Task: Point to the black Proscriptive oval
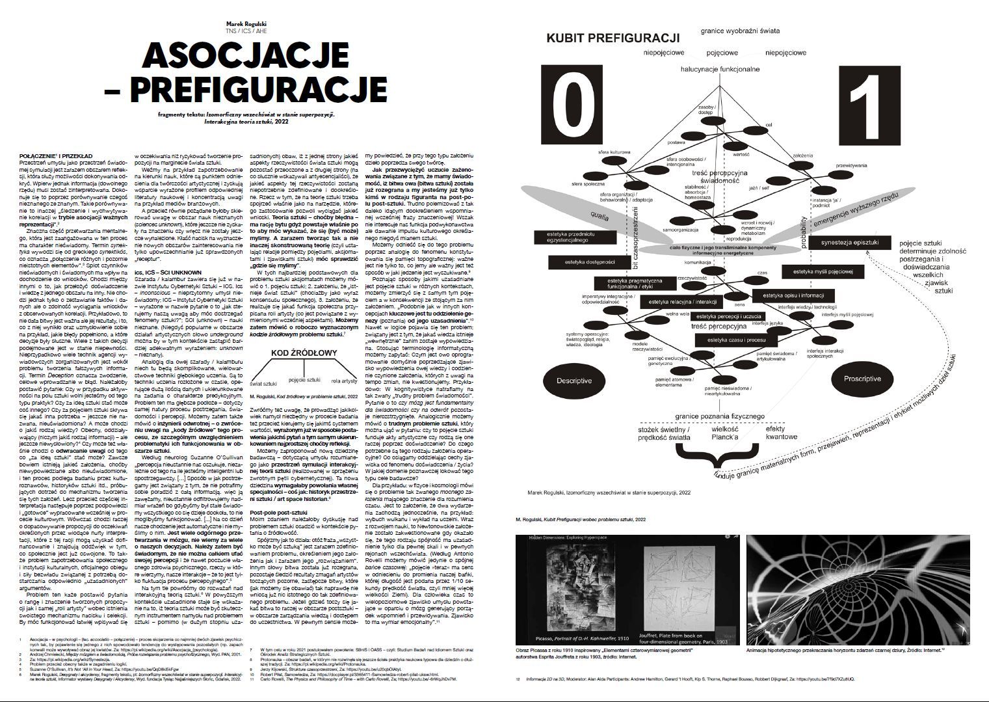click(x=862, y=379)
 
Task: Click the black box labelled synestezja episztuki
click(x=849, y=243)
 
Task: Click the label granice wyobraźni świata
click(x=740, y=31)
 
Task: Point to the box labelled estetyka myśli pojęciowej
click(x=832, y=271)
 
